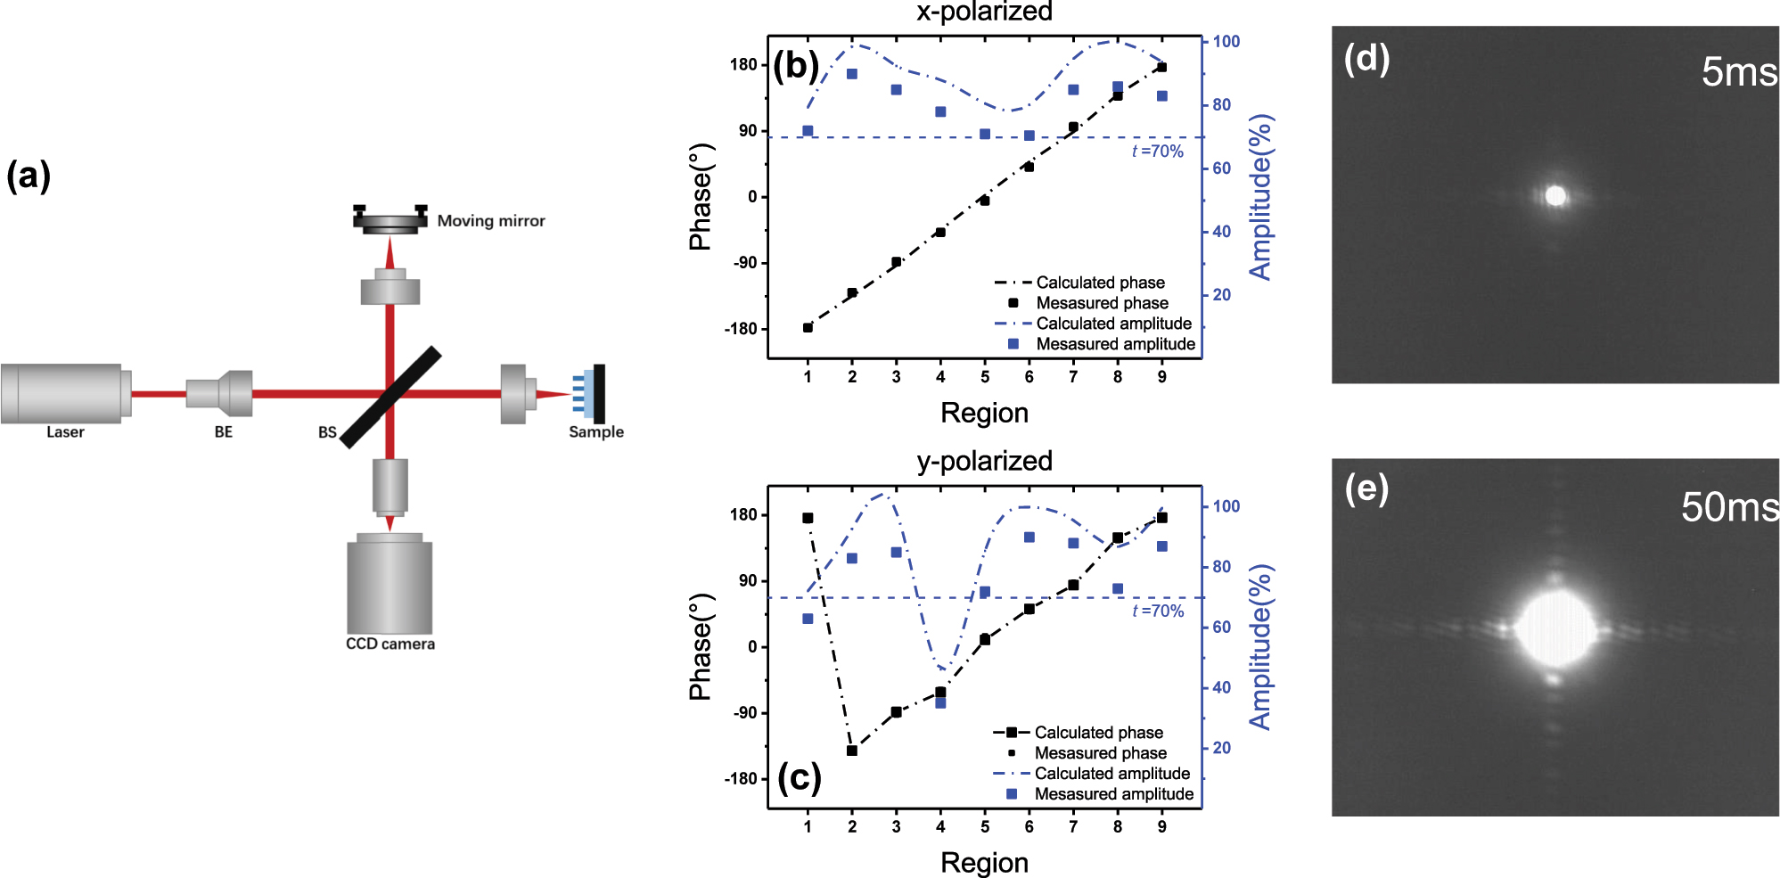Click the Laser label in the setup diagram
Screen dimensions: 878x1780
[x=65, y=432]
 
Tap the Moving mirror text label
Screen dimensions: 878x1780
[x=490, y=221]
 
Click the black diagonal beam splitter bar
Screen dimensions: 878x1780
[x=390, y=397]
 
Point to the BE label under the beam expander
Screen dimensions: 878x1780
[x=223, y=432]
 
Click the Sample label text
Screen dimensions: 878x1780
[x=595, y=432]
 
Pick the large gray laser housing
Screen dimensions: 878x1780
[x=62, y=393]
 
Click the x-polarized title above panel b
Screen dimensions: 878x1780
[x=984, y=12]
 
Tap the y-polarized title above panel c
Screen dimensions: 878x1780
[x=984, y=461]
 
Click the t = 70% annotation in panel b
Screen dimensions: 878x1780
[x=1157, y=152]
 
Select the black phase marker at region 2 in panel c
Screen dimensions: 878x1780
[x=851, y=751]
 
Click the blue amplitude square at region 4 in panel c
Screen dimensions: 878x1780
[x=940, y=703]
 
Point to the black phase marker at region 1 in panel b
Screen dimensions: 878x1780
[x=808, y=328]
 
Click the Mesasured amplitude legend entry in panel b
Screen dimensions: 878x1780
[x=1114, y=344]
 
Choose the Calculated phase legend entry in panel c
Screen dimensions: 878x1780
[x=1098, y=733]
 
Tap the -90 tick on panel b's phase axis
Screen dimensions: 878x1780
[x=744, y=263]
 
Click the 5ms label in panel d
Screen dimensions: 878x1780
[x=1738, y=71]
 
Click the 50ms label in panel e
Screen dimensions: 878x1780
[x=1729, y=507]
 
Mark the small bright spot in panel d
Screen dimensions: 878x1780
[x=1555, y=195]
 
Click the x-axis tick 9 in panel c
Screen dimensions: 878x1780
[x=1161, y=827]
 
